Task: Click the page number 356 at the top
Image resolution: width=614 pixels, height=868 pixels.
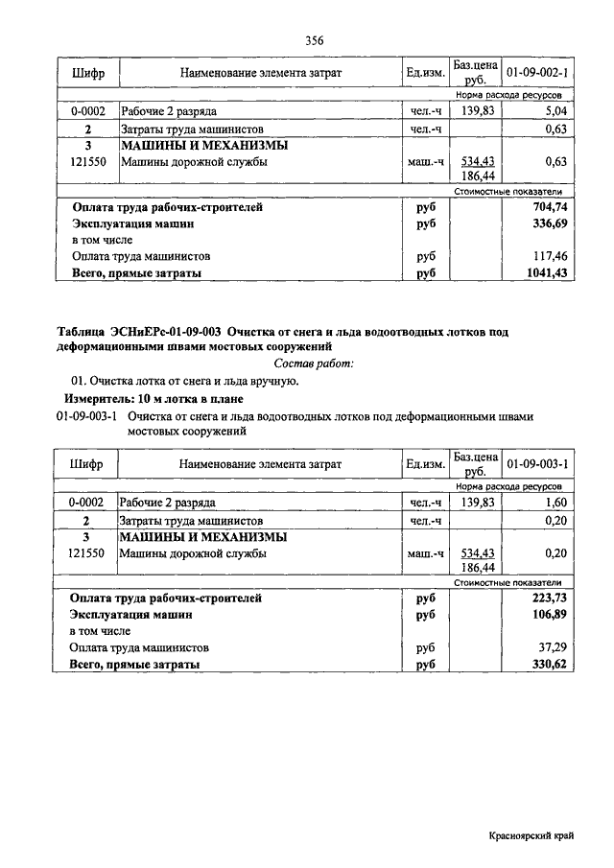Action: point(314,40)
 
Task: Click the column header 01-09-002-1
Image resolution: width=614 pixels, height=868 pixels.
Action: point(537,73)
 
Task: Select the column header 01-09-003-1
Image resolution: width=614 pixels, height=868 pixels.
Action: point(537,464)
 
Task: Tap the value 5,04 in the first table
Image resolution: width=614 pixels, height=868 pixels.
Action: point(555,111)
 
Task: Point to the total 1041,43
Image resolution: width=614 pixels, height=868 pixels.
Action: point(548,273)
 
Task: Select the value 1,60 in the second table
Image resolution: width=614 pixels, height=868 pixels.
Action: point(555,503)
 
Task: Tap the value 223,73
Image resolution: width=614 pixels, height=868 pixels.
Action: point(551,598)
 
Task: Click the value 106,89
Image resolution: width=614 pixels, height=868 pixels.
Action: point(551,615)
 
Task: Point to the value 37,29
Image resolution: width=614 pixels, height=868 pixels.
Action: point(555,648)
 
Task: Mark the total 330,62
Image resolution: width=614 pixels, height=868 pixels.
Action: point(551,664)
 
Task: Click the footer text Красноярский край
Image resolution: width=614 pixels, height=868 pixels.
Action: point(530,837)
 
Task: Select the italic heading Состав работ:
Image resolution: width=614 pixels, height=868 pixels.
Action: point(314,363)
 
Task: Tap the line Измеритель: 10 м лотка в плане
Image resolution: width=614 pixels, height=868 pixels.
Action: point(153,398)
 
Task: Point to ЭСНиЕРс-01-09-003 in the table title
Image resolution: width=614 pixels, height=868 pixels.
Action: point(169,331)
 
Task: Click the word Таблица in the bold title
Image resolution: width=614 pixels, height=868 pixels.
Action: point(83,331)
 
